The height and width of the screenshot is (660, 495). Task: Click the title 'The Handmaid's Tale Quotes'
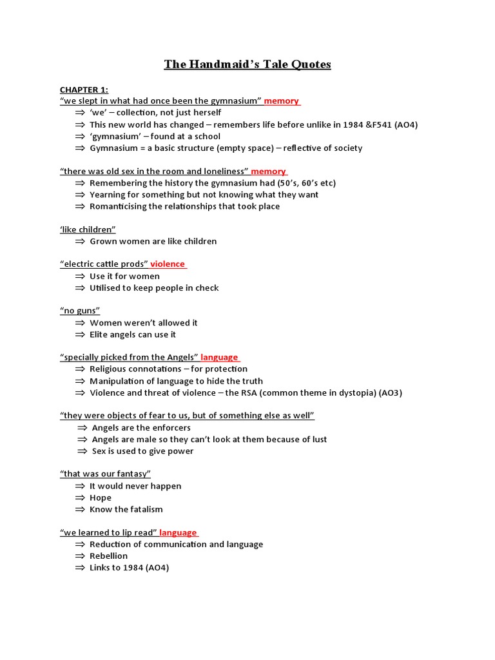pos(247,64)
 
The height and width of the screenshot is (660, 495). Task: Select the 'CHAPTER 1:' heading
pos(84,90)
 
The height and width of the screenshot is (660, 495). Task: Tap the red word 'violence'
pos(168,264)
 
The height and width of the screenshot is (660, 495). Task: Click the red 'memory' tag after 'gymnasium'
pos(282,101)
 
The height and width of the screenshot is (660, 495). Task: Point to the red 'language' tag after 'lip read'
pos(178,533)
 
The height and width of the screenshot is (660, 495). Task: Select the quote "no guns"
pos(80,311)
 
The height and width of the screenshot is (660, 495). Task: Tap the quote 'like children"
pos(88,229)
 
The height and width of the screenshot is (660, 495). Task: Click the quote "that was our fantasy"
pos(105,474)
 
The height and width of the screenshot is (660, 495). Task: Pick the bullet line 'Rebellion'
pos(108,556)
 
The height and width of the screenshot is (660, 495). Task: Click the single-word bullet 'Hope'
pos(101,498)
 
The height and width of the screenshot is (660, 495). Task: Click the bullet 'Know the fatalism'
pos(126,509)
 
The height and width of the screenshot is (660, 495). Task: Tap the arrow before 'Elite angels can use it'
pos(80,335)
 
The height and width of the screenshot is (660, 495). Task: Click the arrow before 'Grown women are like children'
pos(80,241)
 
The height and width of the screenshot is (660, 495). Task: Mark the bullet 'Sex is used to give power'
pos(142,451)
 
